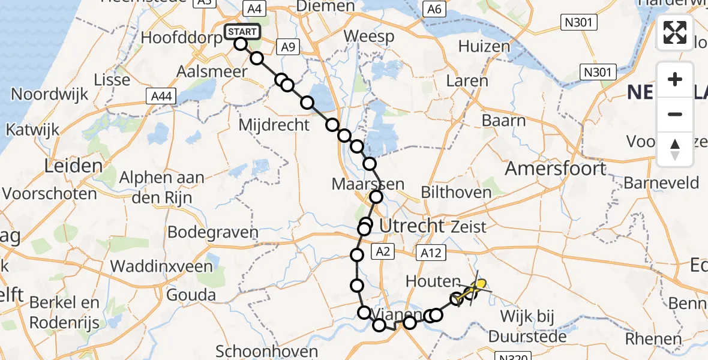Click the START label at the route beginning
click(x=242, y=32)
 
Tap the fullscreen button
click(x=675, y=32)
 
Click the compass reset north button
click(x=675, y=149)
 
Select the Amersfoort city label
click(x=556, y=169)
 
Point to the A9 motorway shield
click(x=288, y=47)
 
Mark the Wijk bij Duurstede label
click(x=528, y=326)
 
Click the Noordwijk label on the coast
click(x=50, y=94)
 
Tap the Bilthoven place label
click(x=456, y=193)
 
